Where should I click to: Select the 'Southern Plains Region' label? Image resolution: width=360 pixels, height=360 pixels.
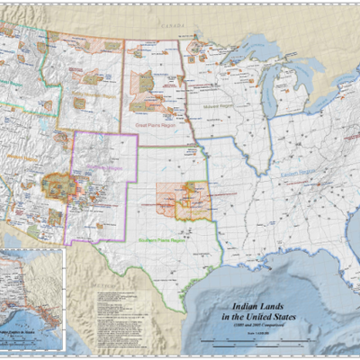coord(162,239)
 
